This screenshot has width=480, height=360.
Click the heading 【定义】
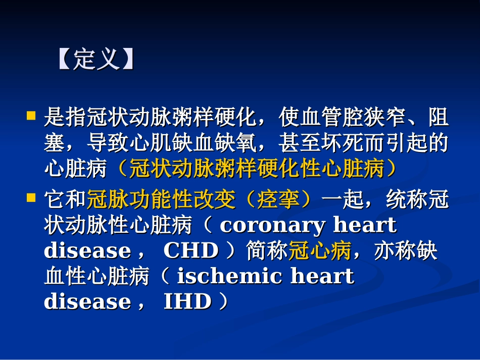(x=97, y=60)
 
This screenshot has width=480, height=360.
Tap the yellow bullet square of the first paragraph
(x=31, y=116)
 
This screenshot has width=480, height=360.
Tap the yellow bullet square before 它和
(x=31, y=194)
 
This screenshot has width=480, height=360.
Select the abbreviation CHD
(x=190, y=251)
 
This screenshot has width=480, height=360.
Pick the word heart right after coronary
(x=365, y=225)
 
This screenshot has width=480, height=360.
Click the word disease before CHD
(x=80, y=251)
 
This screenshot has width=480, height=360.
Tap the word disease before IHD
(x=80, y=302)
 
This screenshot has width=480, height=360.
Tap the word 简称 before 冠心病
(x=267, y=251)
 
